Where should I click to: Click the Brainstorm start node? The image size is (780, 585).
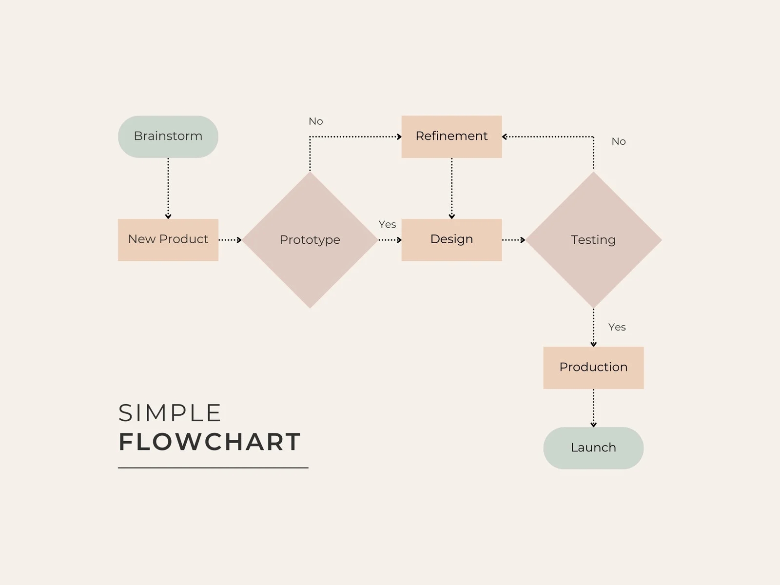(x=168, y=136)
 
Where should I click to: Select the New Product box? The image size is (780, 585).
(x=168, y=240)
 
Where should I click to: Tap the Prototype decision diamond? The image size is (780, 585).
(x=310, y=240)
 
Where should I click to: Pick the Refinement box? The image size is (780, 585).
(x=451, y=136)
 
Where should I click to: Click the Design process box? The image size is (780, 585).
(x=451, y=240)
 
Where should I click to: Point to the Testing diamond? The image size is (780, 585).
(x=593, y=240)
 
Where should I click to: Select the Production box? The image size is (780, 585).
(x=593, y=368)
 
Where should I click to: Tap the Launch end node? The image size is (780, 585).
(x=593, y=448)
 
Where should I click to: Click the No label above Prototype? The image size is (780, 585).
(x=316, y=121)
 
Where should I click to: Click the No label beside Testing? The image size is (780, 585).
(x=619, y=141)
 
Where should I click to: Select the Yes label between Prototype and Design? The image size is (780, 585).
(x=388, y=224)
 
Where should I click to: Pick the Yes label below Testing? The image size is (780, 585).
(x=617, y=327)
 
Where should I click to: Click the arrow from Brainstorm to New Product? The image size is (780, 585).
(x=168, y=188)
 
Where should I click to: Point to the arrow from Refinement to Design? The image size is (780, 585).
(x=451, y=188)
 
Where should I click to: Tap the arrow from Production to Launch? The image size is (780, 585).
(x=593, y=408)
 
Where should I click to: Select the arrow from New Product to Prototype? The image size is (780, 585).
(x=230, y=240)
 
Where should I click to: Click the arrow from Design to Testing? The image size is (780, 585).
(x=514, y=240)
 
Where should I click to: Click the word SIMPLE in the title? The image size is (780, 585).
(x=170, y=413)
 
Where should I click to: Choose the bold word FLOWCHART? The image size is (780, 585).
(x=210, y=442)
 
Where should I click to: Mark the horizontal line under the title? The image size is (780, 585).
(x=213, y=468)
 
